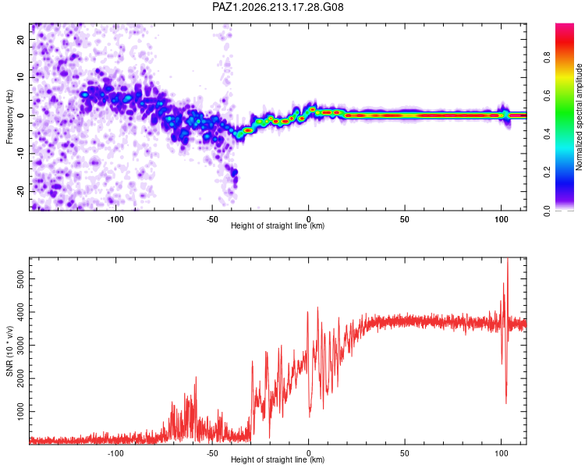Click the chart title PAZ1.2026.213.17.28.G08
[x=278, y=7]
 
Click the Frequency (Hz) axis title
[x=9, y=117]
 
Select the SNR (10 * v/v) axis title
[x=9, y=351]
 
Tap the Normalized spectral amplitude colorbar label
[x=579, y=117]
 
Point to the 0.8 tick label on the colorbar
[x=547, y=58]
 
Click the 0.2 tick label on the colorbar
[x=547, y=172]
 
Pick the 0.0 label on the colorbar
[x=547, y=211]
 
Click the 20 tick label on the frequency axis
[x=20, y=39]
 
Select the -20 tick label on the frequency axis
[x=20, y=191]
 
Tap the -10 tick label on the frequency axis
[x=20, y=154]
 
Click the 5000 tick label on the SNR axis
[x=20, y=278]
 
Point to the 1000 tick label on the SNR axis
[x=20, y=412]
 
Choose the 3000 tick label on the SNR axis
[x=20, y=346]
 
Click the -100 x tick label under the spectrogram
[x=115, y=219]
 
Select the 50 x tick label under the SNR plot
[x=405, y=453]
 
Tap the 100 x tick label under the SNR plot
[x=502, y=453]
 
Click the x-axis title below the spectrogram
[x=278, y=225]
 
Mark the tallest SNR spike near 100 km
[x=508, y=259]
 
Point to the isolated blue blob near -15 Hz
[x=235, y=173]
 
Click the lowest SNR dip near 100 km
[x=506, y=402]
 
